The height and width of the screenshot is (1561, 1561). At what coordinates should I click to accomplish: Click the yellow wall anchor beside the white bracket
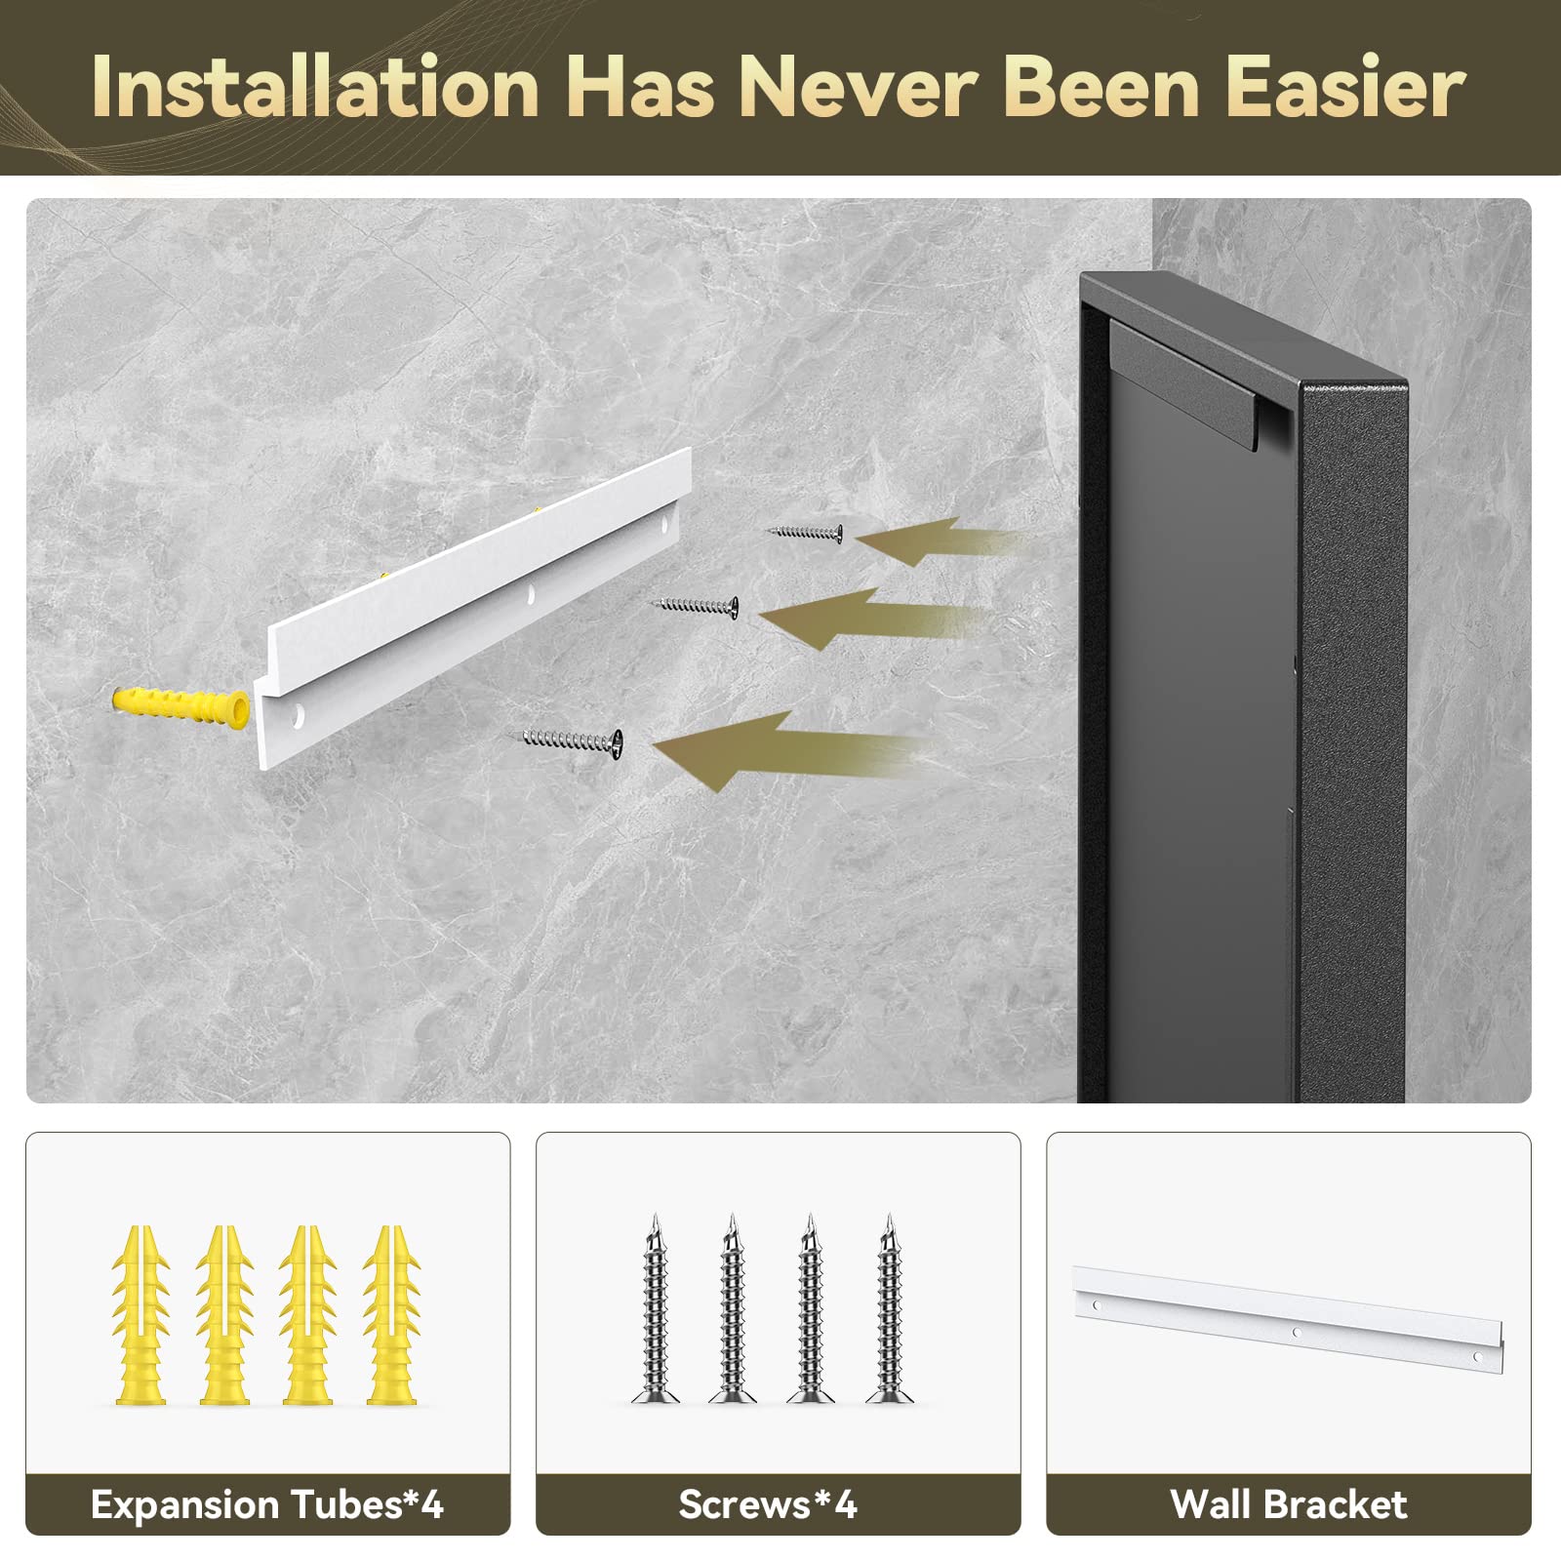coord(181,704)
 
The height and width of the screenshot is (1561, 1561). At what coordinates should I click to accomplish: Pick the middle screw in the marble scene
coord(697,606)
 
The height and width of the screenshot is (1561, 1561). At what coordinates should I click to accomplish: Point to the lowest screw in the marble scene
coord(573,740)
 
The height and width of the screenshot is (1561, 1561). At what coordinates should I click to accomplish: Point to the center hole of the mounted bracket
coord(532,592)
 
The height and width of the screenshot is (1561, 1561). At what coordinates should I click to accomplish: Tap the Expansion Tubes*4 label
coord(267,1505)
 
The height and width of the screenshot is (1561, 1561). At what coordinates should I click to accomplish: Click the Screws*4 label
coord(768,1505)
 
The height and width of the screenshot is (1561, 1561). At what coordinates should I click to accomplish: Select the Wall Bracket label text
coord(1289,1505)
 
